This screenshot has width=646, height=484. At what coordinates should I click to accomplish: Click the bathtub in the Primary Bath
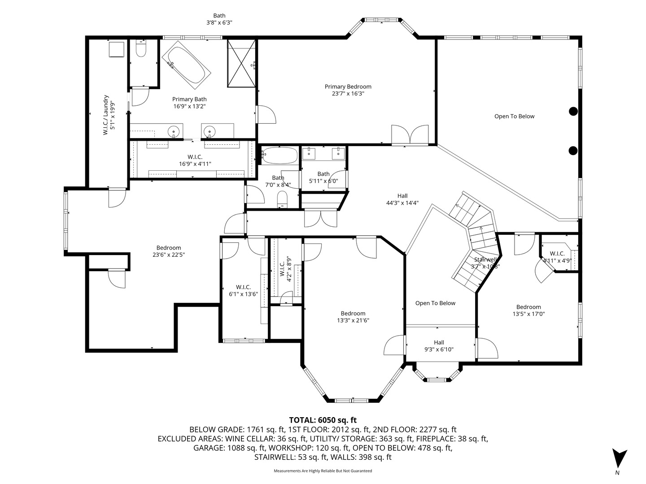click(x=186, y=65)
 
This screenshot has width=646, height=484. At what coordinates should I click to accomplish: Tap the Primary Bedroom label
click(x=348, y=90)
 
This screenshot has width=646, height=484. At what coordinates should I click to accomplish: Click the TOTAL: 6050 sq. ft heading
click(x=323, y=420)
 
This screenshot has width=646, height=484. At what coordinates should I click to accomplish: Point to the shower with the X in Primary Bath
click(x=241, y=64)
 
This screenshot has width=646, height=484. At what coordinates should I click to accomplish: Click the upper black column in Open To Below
click(x=573, y=112)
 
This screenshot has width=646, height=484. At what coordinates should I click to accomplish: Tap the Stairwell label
click(x=485, y=263)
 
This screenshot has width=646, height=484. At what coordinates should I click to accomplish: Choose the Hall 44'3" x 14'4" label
click(x=402, y=199)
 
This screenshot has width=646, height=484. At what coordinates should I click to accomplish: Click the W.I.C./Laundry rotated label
click(x=109, y=115)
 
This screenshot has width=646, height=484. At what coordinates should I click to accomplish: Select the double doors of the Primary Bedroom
click(x=410, y=135)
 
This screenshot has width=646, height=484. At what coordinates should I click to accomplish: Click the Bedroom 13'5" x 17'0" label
click(x=528, y=310)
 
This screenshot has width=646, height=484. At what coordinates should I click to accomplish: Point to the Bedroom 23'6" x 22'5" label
click(x=169, y=251)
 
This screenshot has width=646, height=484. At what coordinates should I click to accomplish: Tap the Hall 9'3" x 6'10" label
click(x=439, y=346)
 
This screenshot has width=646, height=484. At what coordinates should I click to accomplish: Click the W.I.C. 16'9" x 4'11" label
click(x=195, y=160)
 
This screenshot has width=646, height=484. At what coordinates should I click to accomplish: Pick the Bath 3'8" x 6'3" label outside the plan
click(x=219, y=19)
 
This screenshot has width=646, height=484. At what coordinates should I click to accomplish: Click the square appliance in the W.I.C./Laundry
click(x=117, y=49)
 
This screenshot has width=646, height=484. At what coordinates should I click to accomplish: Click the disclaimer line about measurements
click(x=323, y=471)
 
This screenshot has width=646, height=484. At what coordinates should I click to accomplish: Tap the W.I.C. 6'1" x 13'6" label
click(x=244, y=290)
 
